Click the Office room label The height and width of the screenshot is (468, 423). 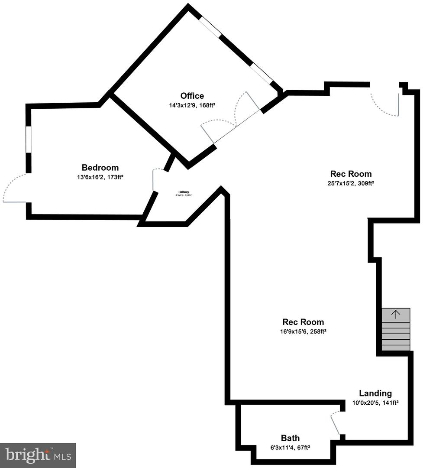tap(192, 96)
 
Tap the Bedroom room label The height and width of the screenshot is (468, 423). tap(100, 168)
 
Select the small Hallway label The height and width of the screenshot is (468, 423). tap(184, 192)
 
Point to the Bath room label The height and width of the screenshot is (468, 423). tap(290, 438)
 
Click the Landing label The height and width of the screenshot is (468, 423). tap(375, 393)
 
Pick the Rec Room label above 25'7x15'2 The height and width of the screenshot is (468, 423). tap(351, 174)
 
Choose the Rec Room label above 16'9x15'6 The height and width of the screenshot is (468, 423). tap(303, 322)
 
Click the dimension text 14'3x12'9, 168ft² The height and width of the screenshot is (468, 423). tap(192, 105)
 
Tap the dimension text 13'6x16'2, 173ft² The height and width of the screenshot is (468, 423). tap(100, 177)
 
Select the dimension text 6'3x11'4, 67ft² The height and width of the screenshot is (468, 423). tap(290, 447)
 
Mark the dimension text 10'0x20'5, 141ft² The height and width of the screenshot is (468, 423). tap(375, 403)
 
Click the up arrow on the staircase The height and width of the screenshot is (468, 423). tap(396, 315)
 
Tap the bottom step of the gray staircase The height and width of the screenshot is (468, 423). tap(396, 348)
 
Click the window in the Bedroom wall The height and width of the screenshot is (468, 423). tap(29, 139)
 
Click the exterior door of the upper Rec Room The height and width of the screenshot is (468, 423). tap(385, 102)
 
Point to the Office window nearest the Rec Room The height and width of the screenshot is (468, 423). tap(262, 73)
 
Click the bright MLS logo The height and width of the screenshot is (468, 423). tap(38, 455)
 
